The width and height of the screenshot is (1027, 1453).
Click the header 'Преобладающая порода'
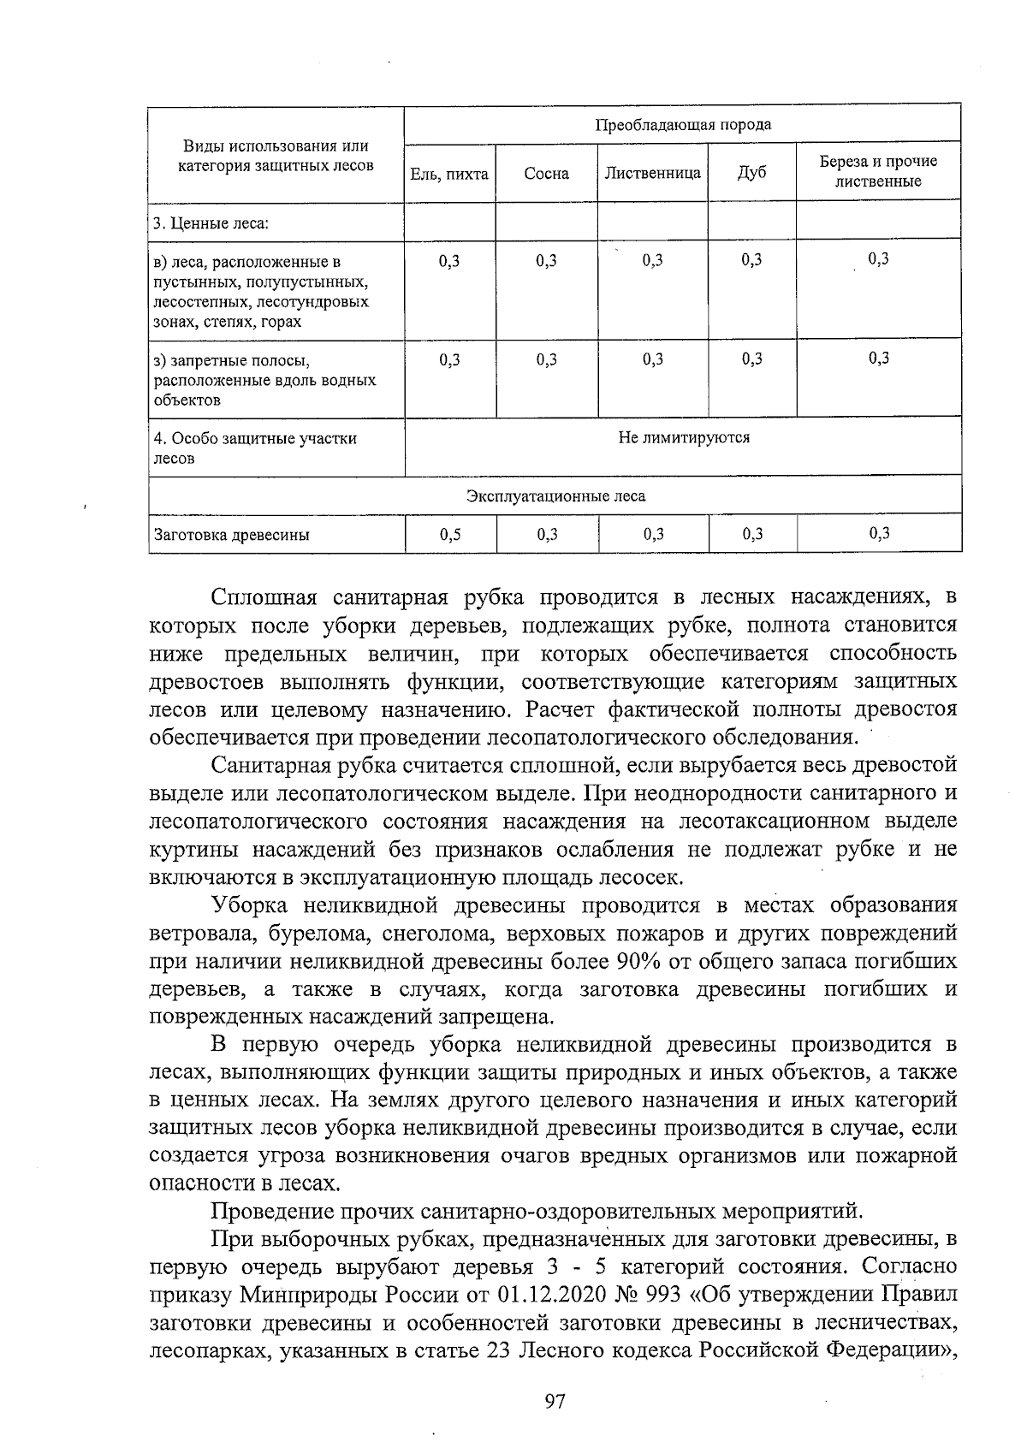click(683, 125)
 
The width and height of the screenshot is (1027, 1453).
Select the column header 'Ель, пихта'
click(449, 174)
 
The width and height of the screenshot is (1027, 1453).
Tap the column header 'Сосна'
click(546, 174)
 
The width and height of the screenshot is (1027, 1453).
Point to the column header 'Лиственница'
click(652, 174)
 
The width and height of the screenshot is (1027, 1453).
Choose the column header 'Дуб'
click(751, 174)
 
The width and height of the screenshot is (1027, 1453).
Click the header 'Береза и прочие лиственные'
click(878, 171)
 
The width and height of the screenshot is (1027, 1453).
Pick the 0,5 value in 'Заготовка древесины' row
click(449, 535)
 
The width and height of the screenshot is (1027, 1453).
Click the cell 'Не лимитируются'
click(683, 438)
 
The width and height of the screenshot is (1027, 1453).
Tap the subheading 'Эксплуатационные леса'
click(555, 496)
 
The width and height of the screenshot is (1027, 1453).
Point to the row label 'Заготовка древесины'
click(231, 536)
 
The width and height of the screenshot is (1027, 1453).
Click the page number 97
click(555, 1402)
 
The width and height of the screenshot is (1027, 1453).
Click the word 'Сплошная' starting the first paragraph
click(264, 597)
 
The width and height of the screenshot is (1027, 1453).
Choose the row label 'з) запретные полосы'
click(230, 360)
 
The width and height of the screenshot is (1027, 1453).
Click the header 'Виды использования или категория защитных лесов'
click(276, 156)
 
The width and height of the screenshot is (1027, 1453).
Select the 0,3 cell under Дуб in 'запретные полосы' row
click(751, 360)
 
